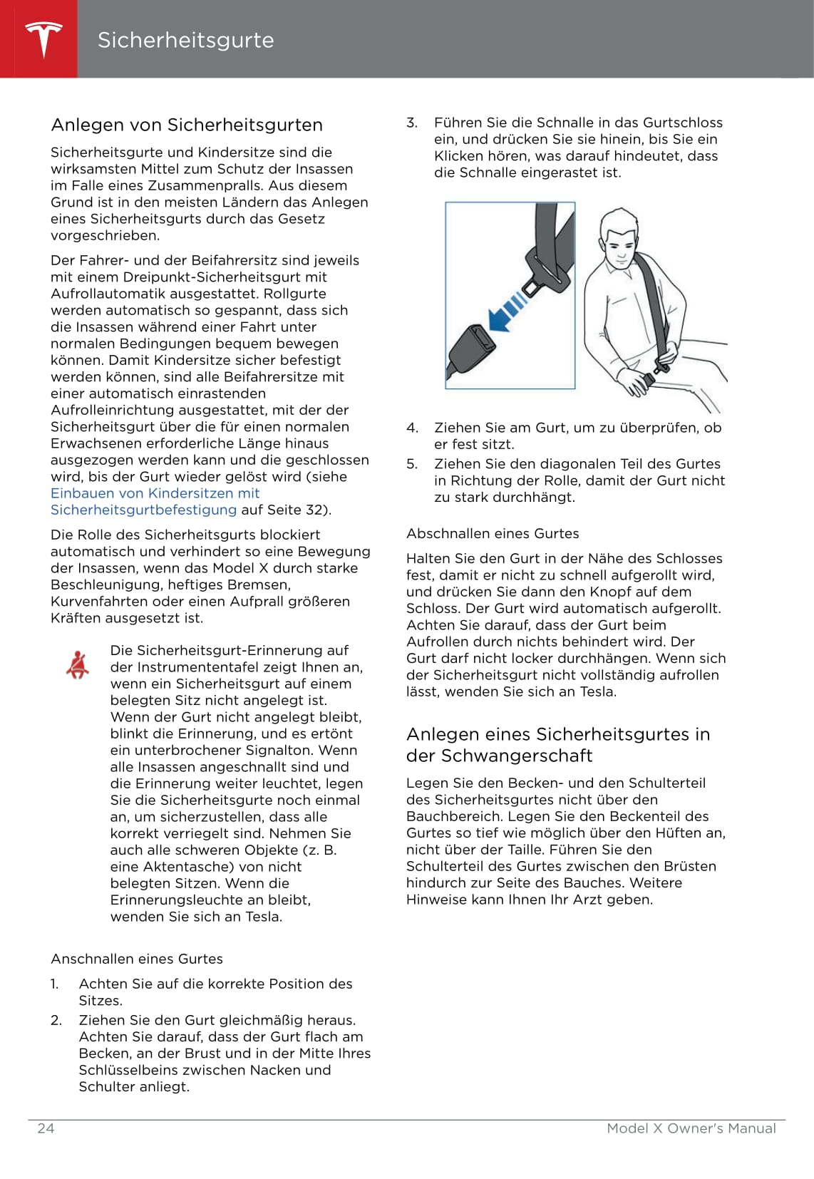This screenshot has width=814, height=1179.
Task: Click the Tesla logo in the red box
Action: point(43,39)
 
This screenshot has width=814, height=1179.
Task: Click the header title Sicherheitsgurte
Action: point(185,40)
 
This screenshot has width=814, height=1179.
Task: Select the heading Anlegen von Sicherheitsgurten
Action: point(187,125)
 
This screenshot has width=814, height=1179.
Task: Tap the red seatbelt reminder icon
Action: point(78,664)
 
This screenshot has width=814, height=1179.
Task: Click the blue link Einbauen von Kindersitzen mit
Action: point(155,493)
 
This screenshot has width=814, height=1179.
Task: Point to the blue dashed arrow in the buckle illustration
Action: point(508,312)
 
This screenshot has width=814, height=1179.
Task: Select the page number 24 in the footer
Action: point(46,1128)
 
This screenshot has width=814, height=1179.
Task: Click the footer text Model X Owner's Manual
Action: point(691,1128)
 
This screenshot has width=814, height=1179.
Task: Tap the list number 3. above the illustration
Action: point(412,123)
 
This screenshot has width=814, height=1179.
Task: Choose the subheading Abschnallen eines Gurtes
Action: point(493,533)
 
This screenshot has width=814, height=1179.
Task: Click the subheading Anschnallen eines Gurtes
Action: point(137,959)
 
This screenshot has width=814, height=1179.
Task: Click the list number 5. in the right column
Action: point(412,464)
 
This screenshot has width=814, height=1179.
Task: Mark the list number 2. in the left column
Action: point(56,1020)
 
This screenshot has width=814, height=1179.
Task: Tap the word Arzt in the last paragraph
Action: point(583,900)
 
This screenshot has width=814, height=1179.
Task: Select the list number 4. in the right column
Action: point(412,428)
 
